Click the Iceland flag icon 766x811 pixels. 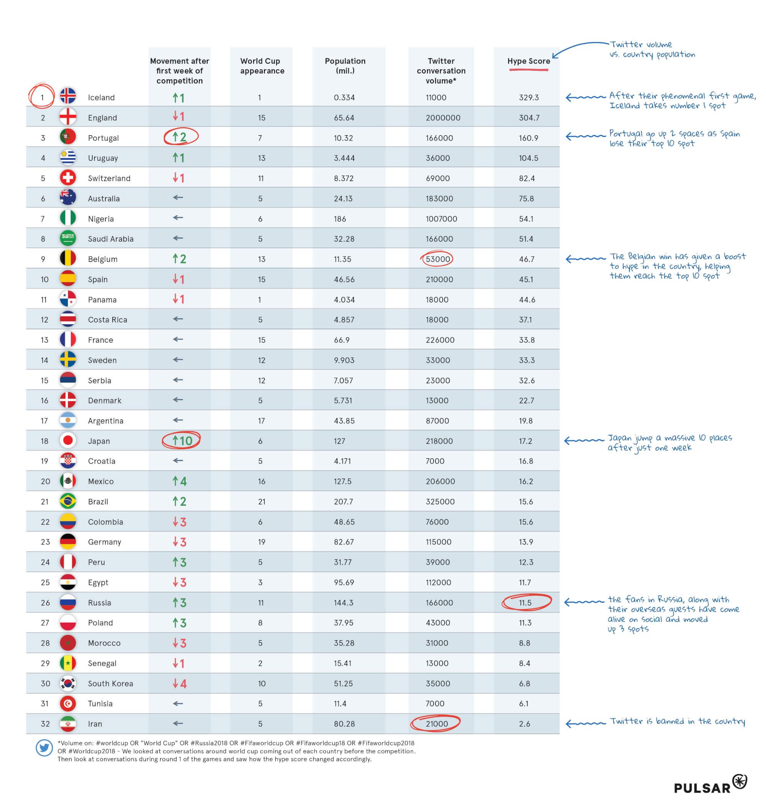click(x=68, y=96)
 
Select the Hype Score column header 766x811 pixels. click(x=529, y=61)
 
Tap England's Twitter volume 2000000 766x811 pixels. click(x=443, y=118)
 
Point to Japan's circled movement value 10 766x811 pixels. click(x=182, y=441)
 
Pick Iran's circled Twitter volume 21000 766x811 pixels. click(x=437, y=724)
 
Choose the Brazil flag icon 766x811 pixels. click(x=68, y=501)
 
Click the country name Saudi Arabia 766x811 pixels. click(x=111, y=239)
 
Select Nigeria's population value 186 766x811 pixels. click(x=340, y=219)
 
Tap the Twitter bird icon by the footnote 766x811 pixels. click(x=44, y=748)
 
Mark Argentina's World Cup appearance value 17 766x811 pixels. click(x=261, y=421)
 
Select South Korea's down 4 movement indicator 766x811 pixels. click(x=179, y=683)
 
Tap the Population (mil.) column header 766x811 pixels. click(x=345, y=66)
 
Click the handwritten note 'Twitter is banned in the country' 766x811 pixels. click(x=677, y=722)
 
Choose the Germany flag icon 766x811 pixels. click(x=68, y=541)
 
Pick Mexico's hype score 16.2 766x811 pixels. click(x=525, y=482)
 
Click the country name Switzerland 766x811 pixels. click(x=109, y=179)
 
